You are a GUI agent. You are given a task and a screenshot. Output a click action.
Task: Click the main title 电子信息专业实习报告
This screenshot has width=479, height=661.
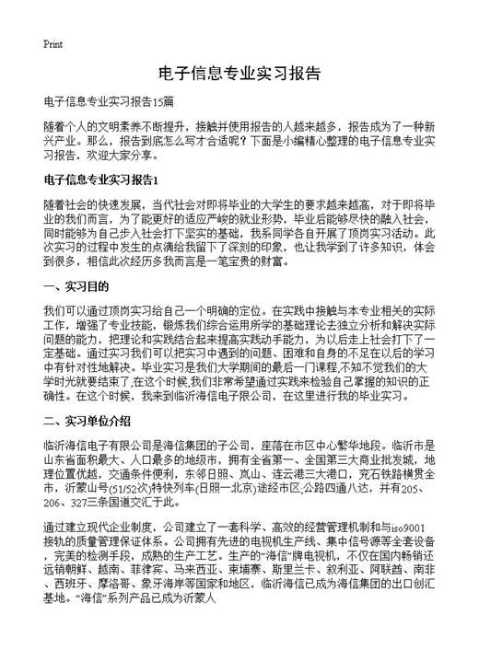[239, 73]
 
